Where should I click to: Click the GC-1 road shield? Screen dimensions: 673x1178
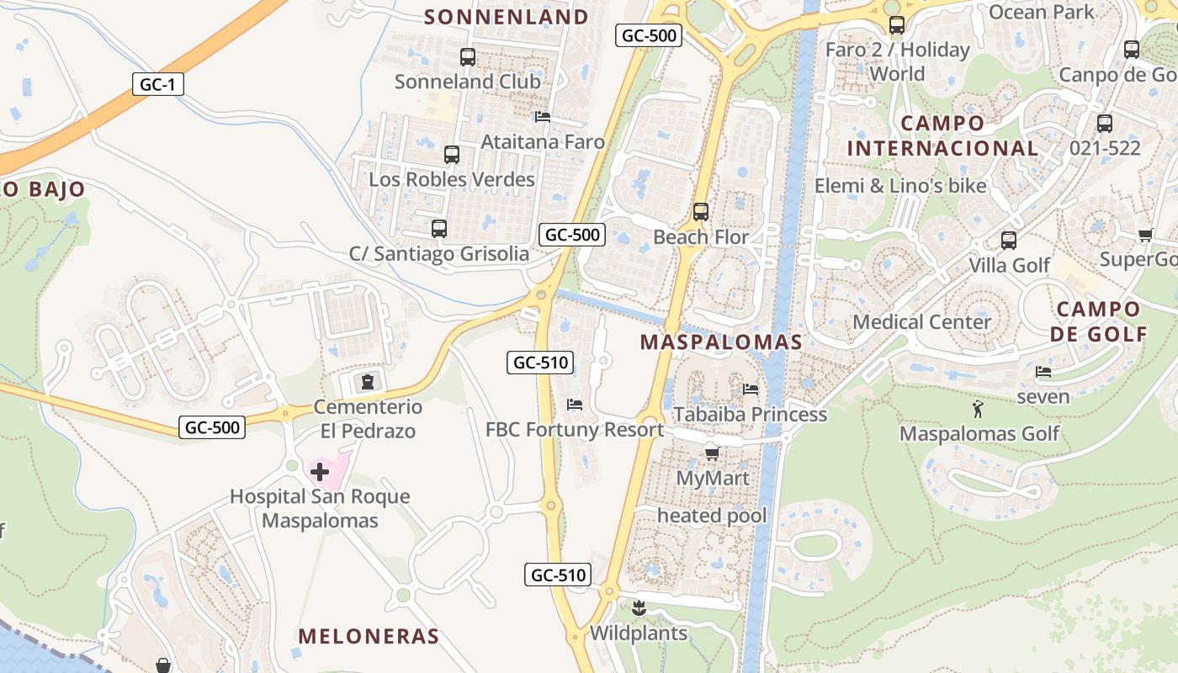coord(158,84)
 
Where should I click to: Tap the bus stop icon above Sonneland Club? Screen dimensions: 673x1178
coord(468,57)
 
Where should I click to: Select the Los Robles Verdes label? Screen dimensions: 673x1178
coord(452,179)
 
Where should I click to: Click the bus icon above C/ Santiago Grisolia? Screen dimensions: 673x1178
coord(438,228)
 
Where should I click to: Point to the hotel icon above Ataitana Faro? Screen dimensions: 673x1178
coord(543,117)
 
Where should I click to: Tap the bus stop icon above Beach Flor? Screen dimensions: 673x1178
coord(701,212)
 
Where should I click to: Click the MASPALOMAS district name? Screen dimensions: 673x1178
coord(721,342)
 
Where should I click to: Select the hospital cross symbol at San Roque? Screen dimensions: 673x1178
coord(320,471)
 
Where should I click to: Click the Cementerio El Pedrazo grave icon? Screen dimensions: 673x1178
coord(367,382)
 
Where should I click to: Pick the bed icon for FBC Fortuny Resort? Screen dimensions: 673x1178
coord(575,405)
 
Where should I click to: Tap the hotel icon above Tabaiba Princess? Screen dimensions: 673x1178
coord(751,389)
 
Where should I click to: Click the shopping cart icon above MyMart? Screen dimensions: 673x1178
coord(712,454)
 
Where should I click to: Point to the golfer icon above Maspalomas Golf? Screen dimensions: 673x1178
coord(978,410)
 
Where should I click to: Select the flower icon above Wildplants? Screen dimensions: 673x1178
coord(639,607)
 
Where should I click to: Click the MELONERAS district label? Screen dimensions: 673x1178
coord(369,636)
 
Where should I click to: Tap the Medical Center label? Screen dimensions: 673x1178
coord(922,322)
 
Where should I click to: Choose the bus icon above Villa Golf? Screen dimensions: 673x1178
coord(1009,241)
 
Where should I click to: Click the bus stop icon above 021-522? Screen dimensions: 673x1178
coord(1105,123)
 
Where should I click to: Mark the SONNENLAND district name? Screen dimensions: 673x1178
coord(507,17)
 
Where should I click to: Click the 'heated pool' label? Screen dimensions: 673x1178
coord(712,516)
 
